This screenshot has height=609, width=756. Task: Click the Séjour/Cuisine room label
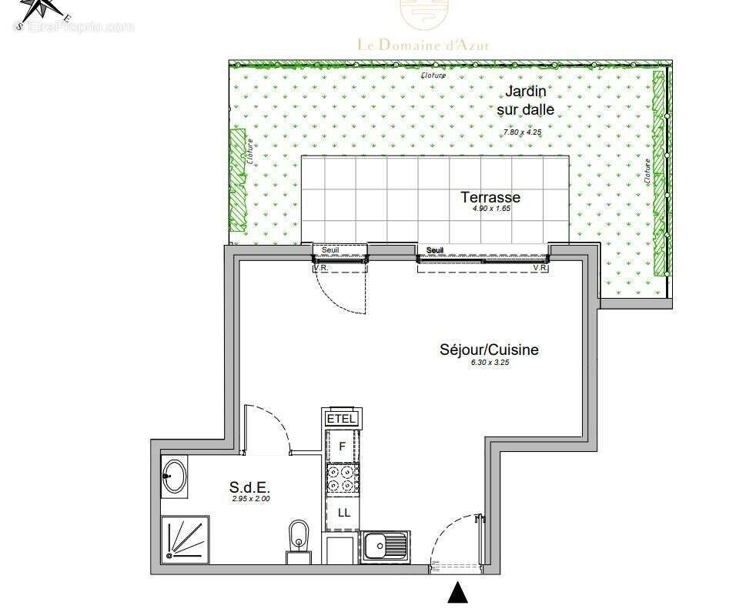coord(488,350)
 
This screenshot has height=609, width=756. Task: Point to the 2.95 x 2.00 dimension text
coord(250,498)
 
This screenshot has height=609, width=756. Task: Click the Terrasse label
coord(490,197)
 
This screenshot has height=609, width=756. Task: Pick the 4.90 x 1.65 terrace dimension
coord(490,208)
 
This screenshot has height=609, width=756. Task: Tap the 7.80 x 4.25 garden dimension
coord(528,132)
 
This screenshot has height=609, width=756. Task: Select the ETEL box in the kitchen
coord(342,418)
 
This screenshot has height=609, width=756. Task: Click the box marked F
coord(342,446)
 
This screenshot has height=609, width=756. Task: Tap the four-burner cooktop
coord(343,478)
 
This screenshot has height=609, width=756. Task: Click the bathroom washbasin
coord(174,477)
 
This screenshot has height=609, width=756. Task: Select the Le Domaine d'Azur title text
coord(423,45)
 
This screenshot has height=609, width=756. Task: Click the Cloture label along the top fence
coord(433,75)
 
